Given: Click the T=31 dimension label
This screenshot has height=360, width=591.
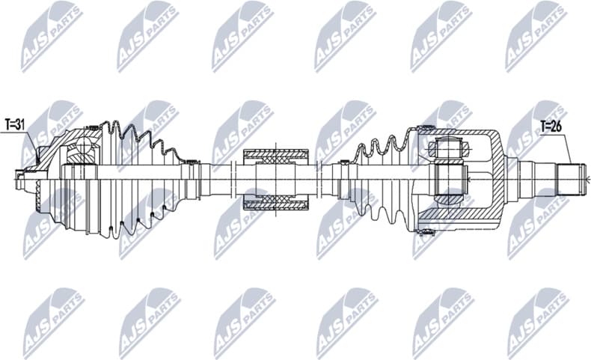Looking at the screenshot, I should (x=16, y=123).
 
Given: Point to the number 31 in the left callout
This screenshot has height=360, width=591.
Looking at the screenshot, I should (x=21, y=123).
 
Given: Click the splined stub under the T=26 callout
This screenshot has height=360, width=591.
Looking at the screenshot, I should (x=572, y=178).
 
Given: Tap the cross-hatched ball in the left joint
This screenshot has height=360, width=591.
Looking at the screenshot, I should (x=80, y=153).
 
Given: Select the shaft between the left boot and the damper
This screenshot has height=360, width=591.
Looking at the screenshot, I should (x=221, y=178).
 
